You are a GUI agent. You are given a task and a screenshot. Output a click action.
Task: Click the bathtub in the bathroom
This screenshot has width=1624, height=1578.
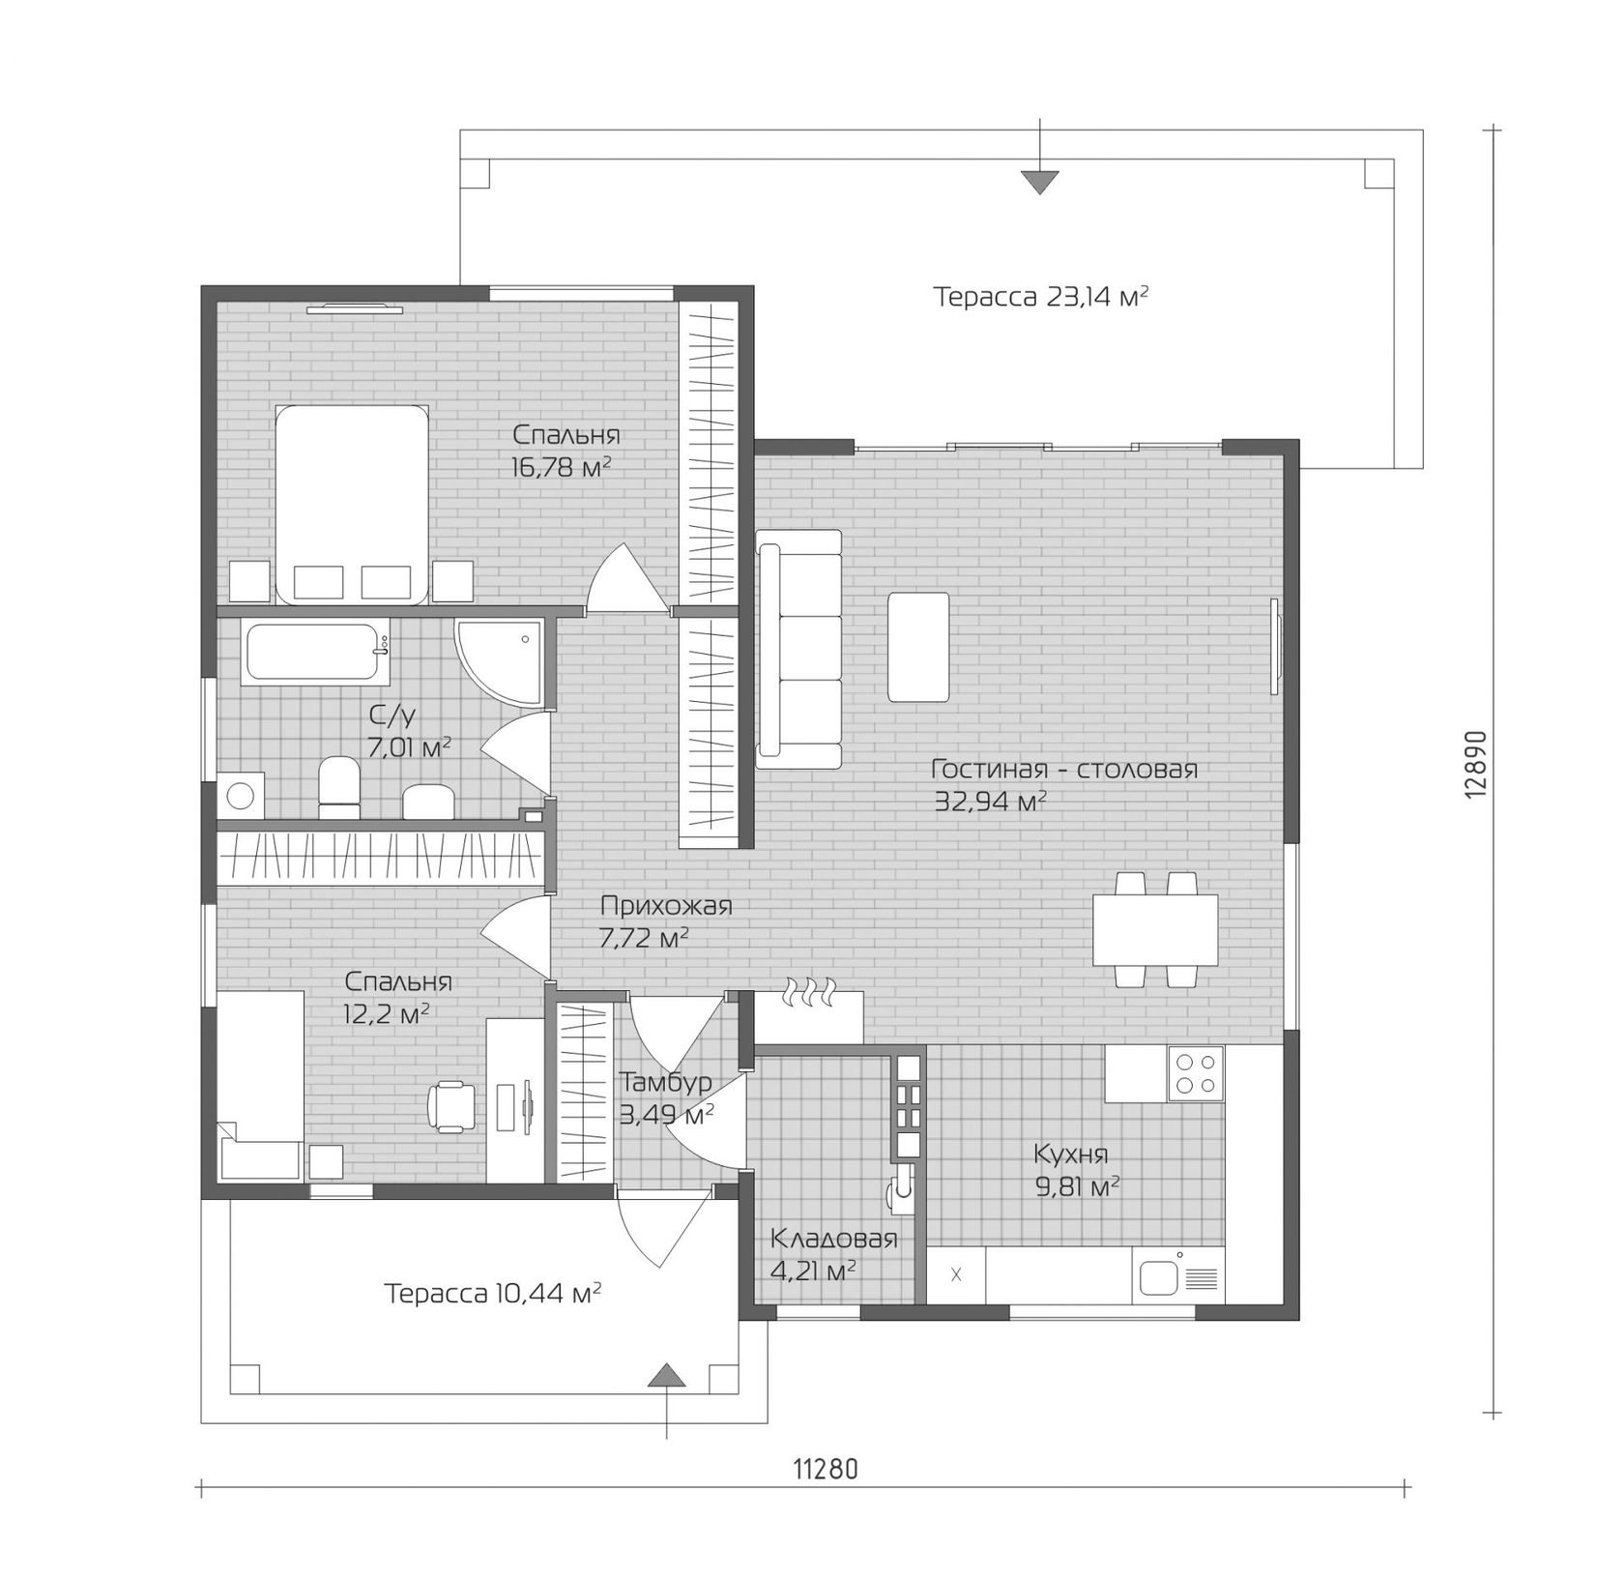pos(315,654)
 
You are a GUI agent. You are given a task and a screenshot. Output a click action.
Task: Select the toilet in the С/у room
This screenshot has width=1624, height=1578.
pos(338,782)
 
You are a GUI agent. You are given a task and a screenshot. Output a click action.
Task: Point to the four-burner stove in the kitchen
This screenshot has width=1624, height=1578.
pos(1195,1074)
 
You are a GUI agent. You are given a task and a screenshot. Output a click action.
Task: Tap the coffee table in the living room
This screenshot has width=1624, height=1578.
pos(917,647)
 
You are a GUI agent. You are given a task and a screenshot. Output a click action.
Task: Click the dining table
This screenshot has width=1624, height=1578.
pos(1155,929)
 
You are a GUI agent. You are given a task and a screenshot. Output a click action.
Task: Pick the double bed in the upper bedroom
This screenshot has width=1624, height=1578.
pos(352,504)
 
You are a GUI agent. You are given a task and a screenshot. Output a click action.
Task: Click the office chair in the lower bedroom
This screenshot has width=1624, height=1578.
pos(451,1104)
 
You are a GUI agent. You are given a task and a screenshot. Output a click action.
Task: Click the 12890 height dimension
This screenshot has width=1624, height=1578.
pos(1474,764)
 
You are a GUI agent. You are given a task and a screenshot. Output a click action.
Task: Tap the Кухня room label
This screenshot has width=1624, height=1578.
pos(1070,1154)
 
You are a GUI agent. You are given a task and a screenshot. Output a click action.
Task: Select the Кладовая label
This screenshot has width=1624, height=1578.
pos(833,1239)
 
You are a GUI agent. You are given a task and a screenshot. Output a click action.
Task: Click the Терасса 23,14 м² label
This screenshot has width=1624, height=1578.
pos(1041,296)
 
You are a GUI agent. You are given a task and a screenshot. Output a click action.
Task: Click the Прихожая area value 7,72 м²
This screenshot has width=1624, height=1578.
pos(644,938)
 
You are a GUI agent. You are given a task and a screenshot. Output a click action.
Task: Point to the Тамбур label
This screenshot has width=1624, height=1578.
pos(666,1081)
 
